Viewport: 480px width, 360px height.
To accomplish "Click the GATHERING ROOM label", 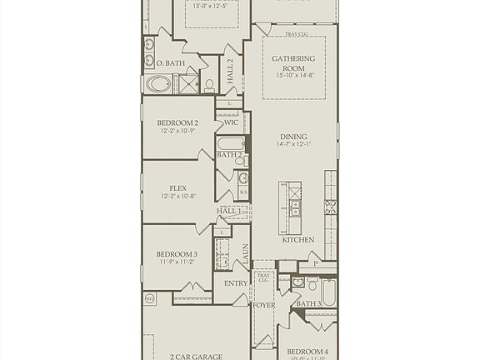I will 293,63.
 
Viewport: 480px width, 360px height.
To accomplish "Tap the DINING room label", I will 293,137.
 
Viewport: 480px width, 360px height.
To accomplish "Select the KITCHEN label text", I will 298,240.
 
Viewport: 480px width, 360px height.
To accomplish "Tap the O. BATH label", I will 171,62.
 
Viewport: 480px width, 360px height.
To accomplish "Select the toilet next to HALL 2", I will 209,83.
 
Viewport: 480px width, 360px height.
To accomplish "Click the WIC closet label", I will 232,122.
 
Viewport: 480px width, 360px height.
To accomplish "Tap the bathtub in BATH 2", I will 231,143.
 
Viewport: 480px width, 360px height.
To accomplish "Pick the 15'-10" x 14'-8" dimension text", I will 293,75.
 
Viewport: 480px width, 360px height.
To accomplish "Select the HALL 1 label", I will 230,212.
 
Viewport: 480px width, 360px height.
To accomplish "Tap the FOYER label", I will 264,305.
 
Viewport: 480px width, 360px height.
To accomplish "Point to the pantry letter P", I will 315,262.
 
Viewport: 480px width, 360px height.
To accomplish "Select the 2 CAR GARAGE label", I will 196,357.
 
